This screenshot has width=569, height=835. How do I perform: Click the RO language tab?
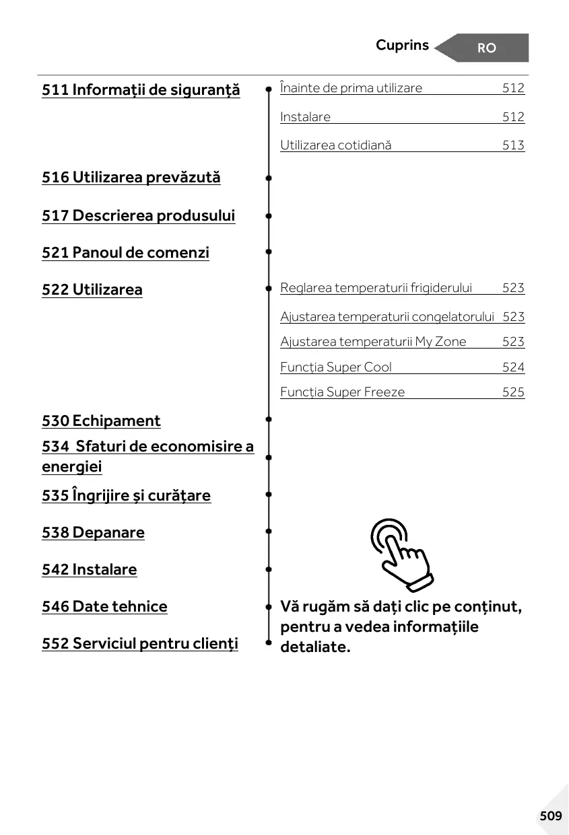click(x=486, y=48)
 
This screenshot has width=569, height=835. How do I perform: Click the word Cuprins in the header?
click(x=402, y=45)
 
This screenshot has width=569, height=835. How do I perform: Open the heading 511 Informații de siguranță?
click(x=141, y=89)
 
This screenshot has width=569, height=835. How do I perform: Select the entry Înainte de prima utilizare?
click(x=352, y=88)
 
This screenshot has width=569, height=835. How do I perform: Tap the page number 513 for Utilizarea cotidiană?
click(x=513, y=145)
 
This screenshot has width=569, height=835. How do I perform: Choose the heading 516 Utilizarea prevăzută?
click(x=131, y=178)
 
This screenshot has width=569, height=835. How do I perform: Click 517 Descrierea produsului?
click(x=139, y=216)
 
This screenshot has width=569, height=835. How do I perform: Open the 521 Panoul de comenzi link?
click(x=125, y=253)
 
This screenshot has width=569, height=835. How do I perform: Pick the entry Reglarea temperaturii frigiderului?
click(x=376, y=288)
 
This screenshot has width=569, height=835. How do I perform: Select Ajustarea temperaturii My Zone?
click(x=373, y=342)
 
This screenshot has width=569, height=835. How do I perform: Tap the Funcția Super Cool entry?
click(x=336, y=367)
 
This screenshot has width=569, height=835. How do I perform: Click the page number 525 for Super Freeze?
click(x=513, y=392)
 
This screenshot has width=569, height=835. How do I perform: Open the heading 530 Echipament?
click(x=101, y=421)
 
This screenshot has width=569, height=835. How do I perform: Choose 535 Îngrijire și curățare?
click(x=126, y=496)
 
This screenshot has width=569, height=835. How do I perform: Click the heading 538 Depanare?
click(x=93, y=533)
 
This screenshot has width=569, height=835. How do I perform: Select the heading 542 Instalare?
click(x=89, y=570)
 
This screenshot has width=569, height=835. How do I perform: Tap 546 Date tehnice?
click(x=104, y=607)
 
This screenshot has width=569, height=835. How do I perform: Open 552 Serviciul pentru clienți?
click(x=140, y=644)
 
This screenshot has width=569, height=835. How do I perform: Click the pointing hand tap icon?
click(x=401, y=553)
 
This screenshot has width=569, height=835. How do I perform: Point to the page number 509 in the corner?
click(x=550, y=816)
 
